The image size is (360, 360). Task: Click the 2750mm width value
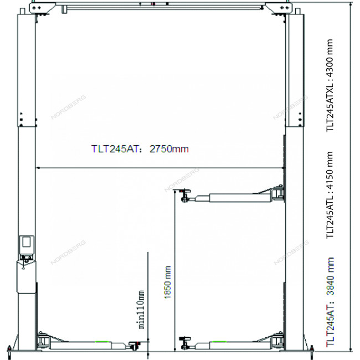pos(169,149)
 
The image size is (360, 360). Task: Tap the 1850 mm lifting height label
pos(168,282)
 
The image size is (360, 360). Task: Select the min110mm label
pos(141,309)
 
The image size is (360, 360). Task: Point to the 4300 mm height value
pos(330,59)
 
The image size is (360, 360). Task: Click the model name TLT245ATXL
pos(330,106)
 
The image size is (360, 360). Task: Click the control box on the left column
pos(27,244)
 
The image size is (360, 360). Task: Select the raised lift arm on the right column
pos(232,195)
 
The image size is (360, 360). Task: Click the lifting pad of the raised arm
pos(185,195)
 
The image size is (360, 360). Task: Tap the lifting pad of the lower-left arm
pos(135,345)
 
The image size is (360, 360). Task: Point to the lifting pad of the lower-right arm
pos(185,343)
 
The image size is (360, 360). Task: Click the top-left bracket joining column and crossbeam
pos(42,8)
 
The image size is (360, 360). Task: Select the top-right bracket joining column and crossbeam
pos(279,8)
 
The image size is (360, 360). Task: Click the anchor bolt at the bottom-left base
pos(9,351)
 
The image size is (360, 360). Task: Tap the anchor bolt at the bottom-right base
pos(312,351)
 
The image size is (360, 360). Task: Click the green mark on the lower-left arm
pos(102,342)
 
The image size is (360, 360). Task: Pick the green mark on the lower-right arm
pos(219,342)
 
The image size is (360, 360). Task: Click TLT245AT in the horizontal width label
pos(115,149)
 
